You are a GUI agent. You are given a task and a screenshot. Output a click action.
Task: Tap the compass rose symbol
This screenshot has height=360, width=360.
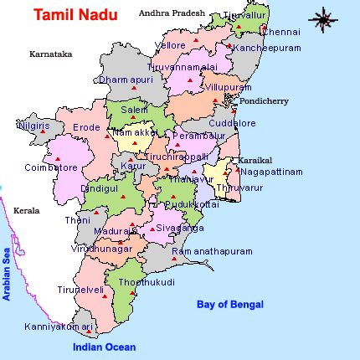point(323,18)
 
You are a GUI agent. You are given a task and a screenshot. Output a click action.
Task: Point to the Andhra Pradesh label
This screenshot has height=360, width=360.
point(171,13)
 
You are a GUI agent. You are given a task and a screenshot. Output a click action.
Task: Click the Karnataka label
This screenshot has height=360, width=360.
point(50,54)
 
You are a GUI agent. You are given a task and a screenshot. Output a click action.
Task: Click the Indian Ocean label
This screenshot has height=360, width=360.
point(104,347)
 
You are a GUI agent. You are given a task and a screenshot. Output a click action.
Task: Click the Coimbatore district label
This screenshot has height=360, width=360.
point(51,167)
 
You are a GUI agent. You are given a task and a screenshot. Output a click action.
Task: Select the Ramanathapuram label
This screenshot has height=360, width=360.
point(211,251)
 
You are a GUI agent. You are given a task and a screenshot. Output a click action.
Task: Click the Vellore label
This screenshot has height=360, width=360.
point(171,44)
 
